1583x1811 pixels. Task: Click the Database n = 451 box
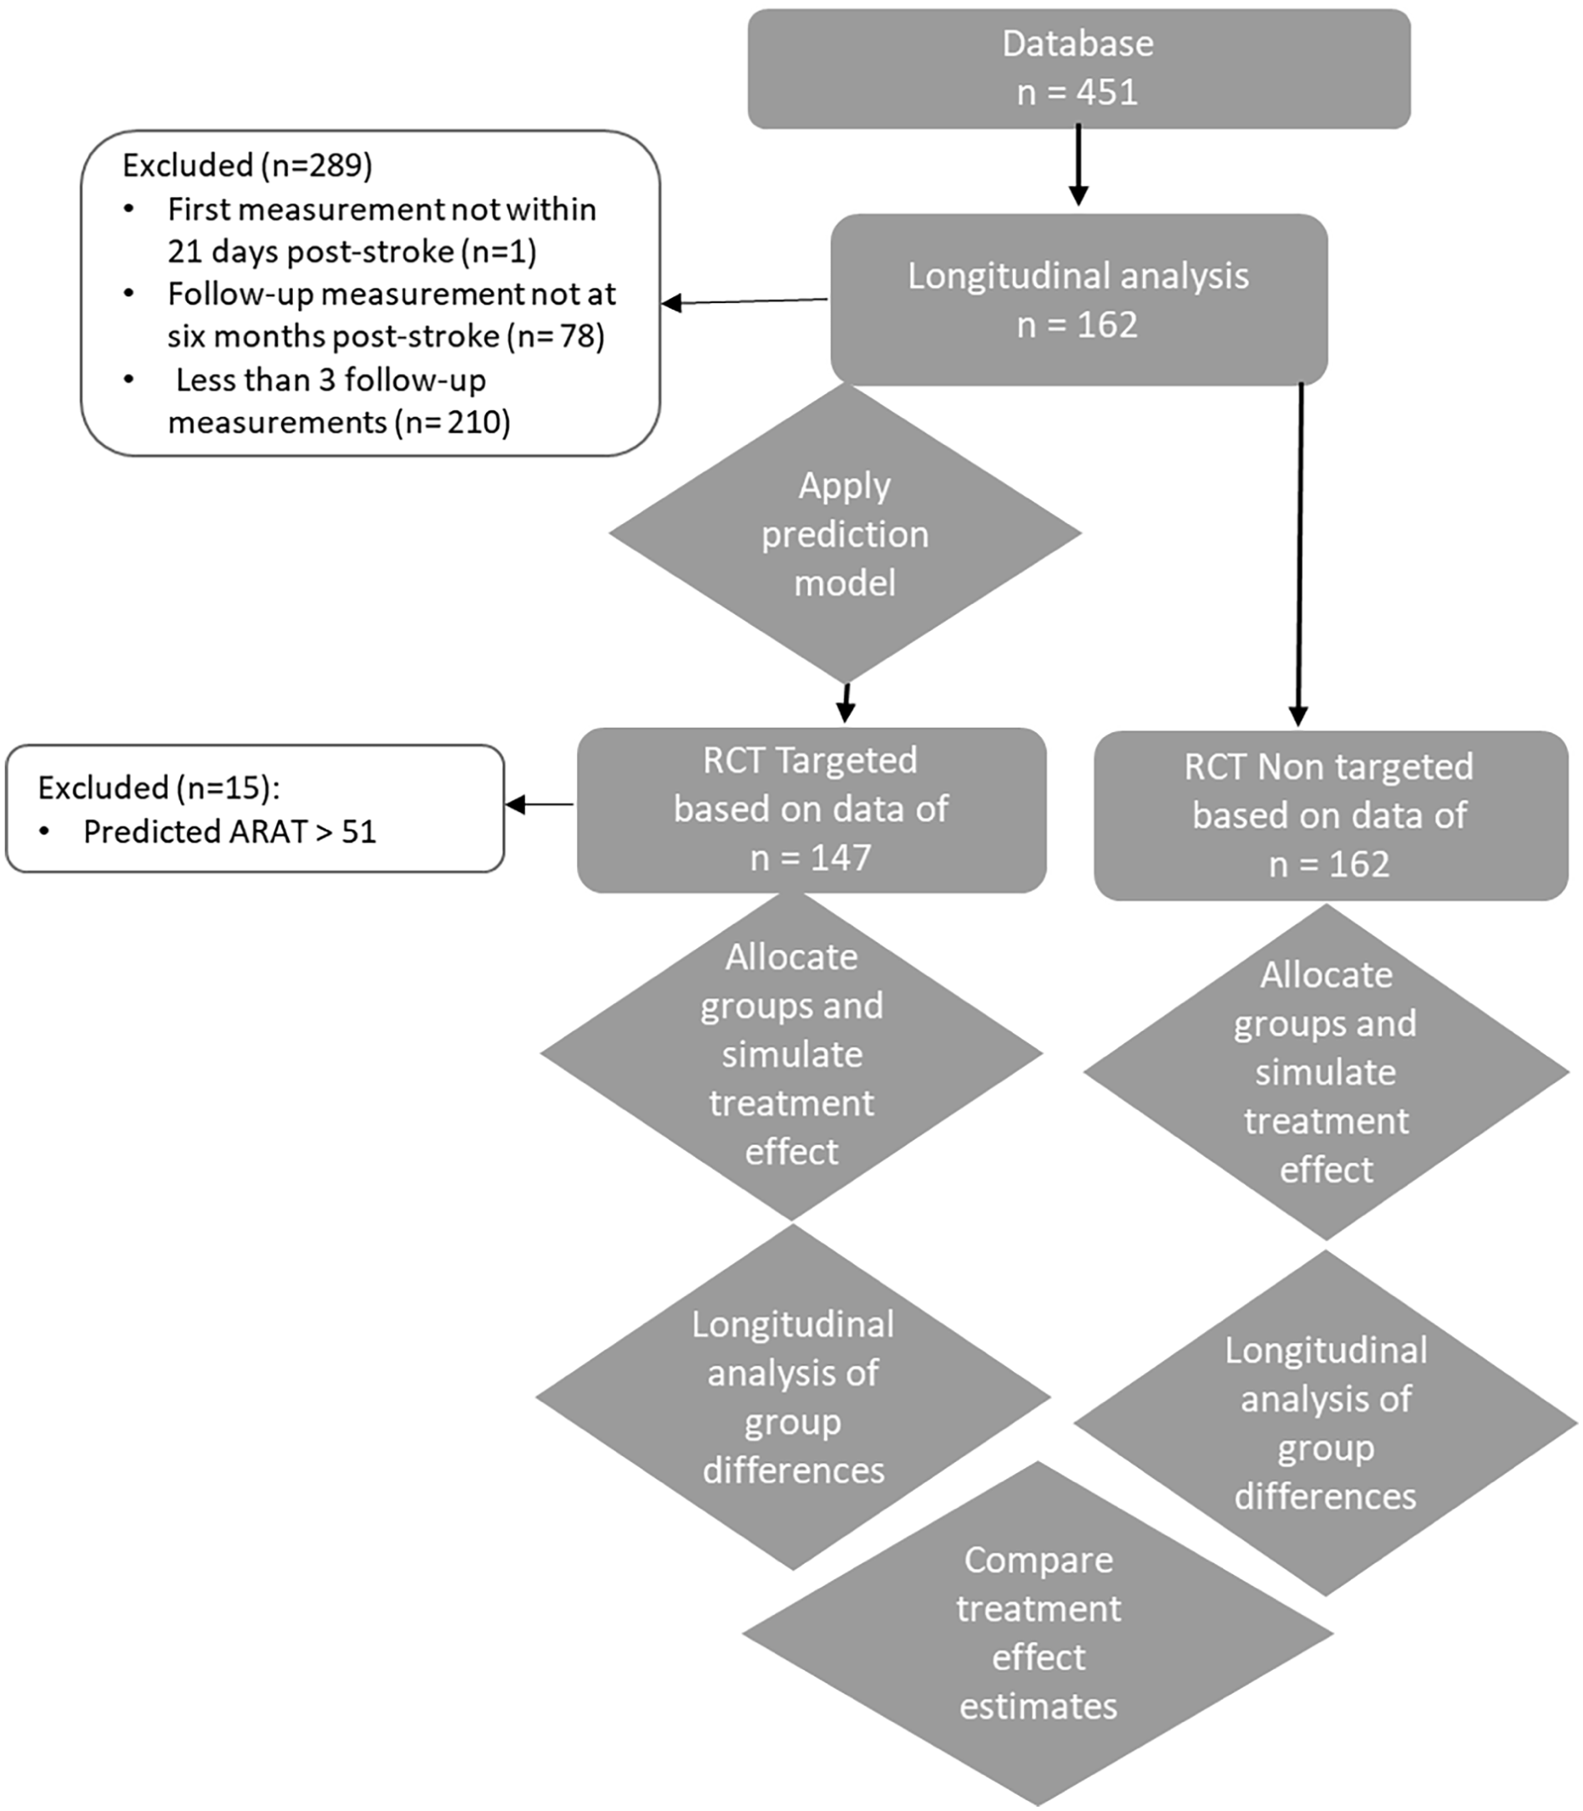click(1079, 69)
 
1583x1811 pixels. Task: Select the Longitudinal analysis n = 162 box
click(1079, 300)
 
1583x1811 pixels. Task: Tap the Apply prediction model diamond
click(846, 533)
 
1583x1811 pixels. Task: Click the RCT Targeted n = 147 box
click(812, 810)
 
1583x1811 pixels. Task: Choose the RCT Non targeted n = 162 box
click(1330, 815)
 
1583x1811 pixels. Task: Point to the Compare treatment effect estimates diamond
click(1038, 1632)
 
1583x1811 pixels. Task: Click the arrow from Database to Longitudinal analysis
click(1079, 165)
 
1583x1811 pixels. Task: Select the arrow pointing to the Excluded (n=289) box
click(745, 302)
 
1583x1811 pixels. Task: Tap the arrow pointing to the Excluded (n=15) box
click(539, 805)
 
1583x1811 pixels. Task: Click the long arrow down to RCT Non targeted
click(1299, 554)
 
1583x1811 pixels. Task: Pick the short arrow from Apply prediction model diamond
click(847, 703)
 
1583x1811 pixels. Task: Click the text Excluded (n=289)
click(247, 166)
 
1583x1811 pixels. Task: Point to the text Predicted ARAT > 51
click(230, 832)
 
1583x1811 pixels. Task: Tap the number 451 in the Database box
click(1108, 92)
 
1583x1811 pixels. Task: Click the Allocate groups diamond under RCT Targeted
click(792, 1054)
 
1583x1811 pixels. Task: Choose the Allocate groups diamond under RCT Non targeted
click(1327, 1072)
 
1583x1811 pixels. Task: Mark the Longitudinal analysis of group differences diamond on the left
click(793, 1397)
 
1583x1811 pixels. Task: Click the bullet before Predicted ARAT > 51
click(45, 832)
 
